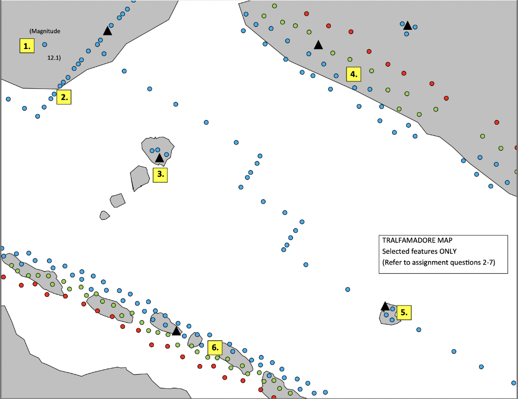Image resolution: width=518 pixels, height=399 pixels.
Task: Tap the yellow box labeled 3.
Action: pos(160,175)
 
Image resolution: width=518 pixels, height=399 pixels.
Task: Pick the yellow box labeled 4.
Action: pos(354,74)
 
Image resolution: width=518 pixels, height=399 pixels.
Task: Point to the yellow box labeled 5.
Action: pos(404,312)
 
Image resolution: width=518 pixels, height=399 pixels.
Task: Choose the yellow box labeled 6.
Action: pos(215,347)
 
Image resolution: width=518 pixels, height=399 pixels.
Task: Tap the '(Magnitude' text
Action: pos(45,31)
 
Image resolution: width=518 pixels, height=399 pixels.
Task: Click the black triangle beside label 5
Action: pos(385,306)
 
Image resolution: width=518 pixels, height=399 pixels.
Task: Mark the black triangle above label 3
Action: pos(159,159)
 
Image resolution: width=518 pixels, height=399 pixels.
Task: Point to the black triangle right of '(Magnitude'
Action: pos(107,31)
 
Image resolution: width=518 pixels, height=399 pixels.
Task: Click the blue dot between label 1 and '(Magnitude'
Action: pos(45,44)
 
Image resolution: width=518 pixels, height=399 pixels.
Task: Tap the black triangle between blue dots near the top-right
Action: pos(407,25)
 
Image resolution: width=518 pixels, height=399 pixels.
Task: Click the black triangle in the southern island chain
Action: pos(176,331)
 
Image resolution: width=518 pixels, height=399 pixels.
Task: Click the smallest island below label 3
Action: pos(105,215)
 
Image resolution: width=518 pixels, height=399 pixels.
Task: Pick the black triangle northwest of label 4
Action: pos(318,45)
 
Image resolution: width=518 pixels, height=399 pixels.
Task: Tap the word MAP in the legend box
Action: pos(447,240)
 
